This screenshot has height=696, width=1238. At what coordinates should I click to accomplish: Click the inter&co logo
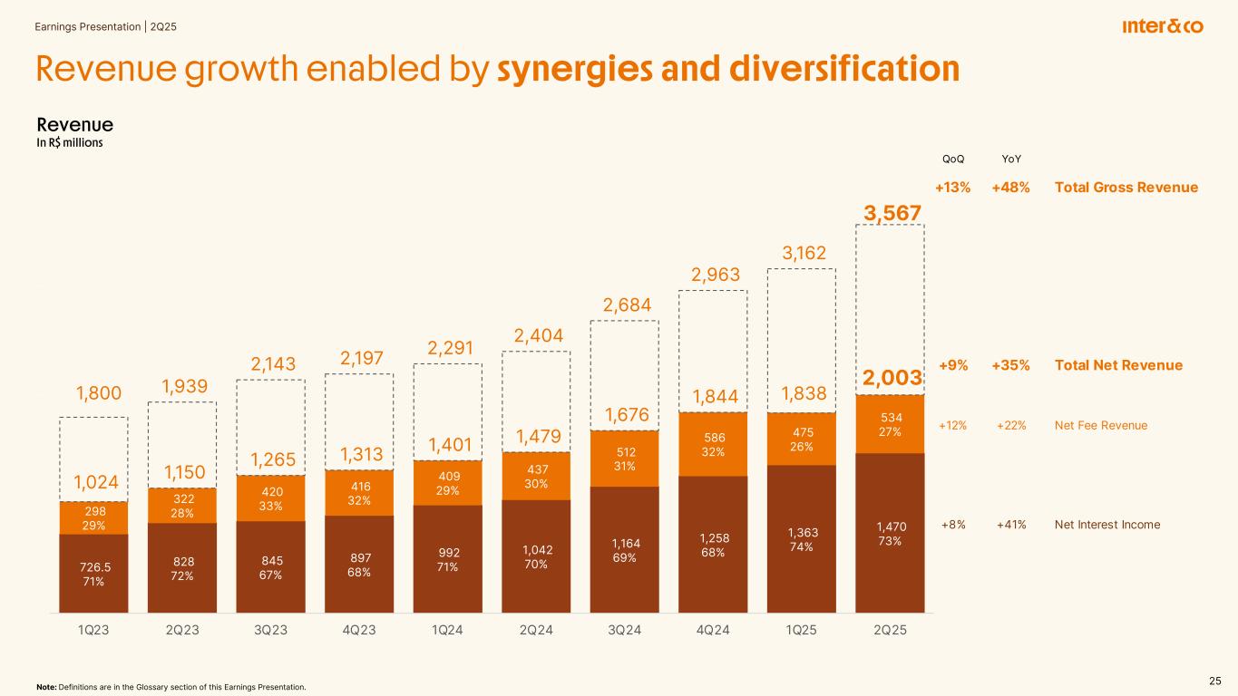[x=1163, y=26]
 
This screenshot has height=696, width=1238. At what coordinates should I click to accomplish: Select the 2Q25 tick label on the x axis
[x=890, y=632]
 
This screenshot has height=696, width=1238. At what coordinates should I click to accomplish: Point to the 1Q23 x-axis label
[x=93, y=632]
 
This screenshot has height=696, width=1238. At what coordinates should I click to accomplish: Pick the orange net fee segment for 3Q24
[x=624, y=459]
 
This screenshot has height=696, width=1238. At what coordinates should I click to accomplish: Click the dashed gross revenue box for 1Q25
[x=801, y=340]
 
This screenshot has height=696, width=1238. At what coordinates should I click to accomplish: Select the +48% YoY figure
[x=1010, y=188]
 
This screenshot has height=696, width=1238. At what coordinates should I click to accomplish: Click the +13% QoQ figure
[x=952, y=188]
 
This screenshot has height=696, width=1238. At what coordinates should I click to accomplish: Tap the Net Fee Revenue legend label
[x=1101, y=425]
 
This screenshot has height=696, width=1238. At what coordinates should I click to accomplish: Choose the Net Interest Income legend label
[x=1107, y=525]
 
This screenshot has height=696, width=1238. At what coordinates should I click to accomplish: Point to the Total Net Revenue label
[x=1118, y=365]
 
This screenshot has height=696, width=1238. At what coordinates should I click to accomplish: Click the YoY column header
[x=1010, y=159]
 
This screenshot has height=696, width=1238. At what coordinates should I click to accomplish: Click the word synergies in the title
[x=587, y=70]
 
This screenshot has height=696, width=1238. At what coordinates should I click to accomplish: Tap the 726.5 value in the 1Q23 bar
[x=93, y=565]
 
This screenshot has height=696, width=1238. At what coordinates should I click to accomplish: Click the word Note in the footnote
[x=44, y=687]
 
